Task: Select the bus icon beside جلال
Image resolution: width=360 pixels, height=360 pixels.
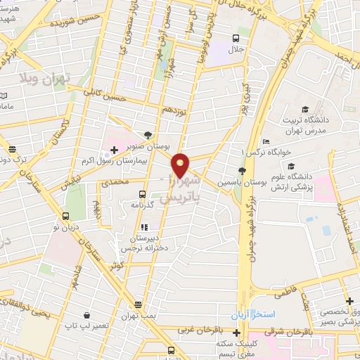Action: coord(236,39)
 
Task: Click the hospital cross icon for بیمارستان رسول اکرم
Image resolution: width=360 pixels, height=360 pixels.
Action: coord(114,149)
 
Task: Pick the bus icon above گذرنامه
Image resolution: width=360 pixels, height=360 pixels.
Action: coord(142,193)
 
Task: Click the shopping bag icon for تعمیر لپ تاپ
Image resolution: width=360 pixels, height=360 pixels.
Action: coord(86,315)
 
